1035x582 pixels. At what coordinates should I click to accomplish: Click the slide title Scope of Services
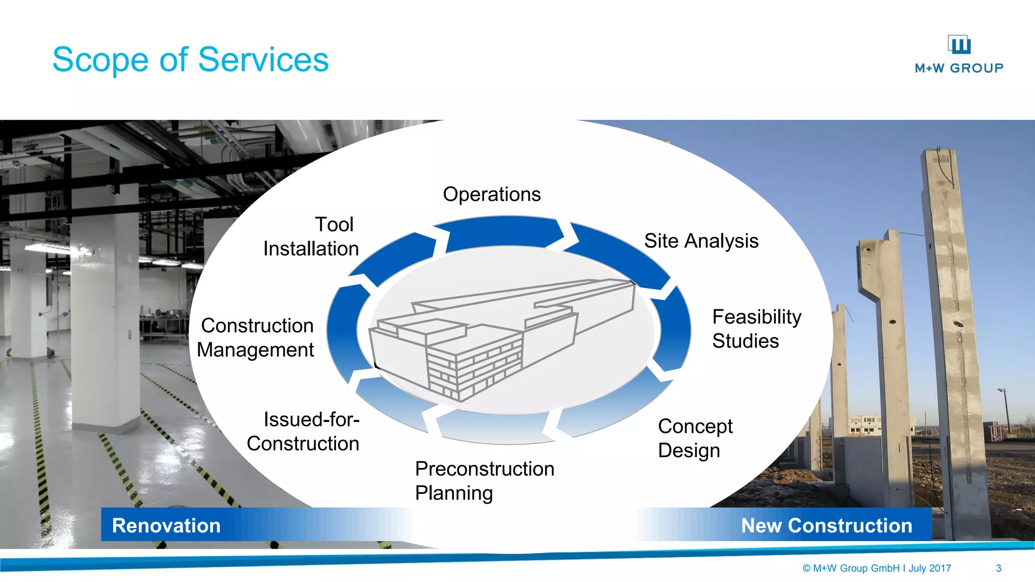191,60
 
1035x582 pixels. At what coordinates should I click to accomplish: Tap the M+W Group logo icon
959,44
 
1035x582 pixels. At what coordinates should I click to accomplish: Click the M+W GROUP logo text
959,68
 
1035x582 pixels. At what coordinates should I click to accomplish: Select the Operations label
491,195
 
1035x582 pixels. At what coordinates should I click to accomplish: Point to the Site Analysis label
701,241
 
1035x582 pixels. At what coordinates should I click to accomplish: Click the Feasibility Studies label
756,329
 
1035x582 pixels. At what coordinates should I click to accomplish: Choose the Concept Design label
695,438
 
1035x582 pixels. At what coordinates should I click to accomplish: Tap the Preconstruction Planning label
484,480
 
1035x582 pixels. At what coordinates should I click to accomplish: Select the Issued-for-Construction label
303,431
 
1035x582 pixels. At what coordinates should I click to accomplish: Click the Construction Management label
256,337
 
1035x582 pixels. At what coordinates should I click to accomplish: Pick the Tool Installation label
311,236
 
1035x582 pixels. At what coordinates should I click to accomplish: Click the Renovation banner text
166,525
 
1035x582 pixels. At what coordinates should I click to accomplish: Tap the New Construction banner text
826,525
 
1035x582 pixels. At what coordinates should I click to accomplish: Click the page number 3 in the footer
998,568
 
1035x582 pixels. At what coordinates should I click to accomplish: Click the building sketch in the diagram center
500,336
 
